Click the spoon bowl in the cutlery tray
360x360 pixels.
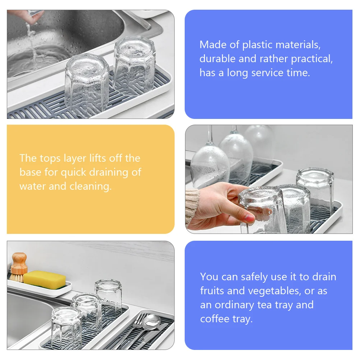point(152,320)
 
